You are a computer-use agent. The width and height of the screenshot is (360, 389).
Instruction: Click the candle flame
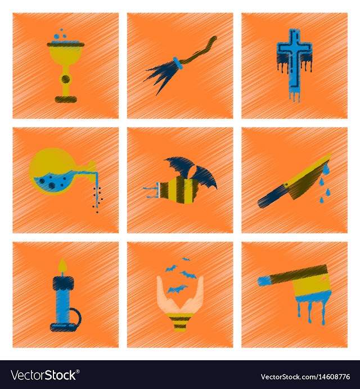(63, 266)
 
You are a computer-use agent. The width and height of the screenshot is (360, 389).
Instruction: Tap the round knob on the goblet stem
(65, 79)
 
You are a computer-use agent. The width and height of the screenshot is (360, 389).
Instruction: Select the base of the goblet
(66, 99)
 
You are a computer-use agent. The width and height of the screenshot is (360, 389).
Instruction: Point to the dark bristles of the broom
(161, 75)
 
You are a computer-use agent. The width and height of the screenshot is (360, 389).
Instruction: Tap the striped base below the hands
(180, 322)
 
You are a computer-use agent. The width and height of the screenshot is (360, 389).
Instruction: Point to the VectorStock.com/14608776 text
(305, 377)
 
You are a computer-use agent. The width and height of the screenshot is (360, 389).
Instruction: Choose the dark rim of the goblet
(65, 45)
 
